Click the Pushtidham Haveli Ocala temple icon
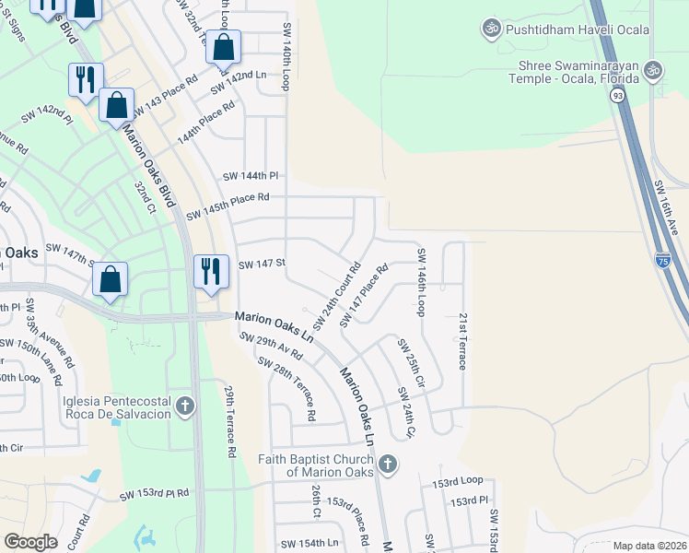[x=491, y=29]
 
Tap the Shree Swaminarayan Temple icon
[x=653, y=70]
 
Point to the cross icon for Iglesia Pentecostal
[x=185, y=406]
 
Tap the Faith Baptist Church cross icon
[x=388, y=464]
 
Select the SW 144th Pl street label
[x=251, y=175]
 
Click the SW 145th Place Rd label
[x=228, y=206]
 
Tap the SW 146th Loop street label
[x=422, y=282]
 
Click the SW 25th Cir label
[x=411, y=362]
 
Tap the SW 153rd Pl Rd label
[x=154, y=495]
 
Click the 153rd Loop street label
[x=458, y=481]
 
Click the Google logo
[x=31, y=541]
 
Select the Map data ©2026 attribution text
[x=648, y=546]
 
